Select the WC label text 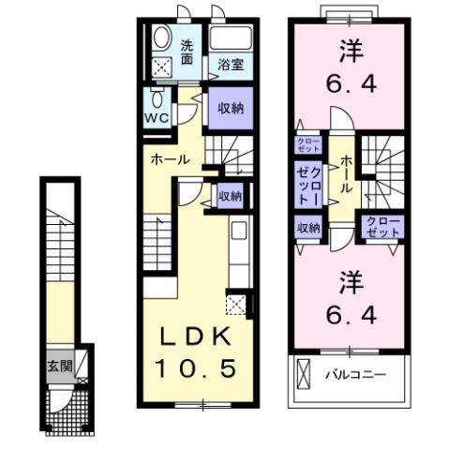coord(155,118)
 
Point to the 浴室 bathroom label coord(231,65)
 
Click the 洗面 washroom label coord(187,51)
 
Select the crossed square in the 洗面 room coord(162,67)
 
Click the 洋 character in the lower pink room coord(350,278)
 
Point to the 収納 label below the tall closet coord(308,228)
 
